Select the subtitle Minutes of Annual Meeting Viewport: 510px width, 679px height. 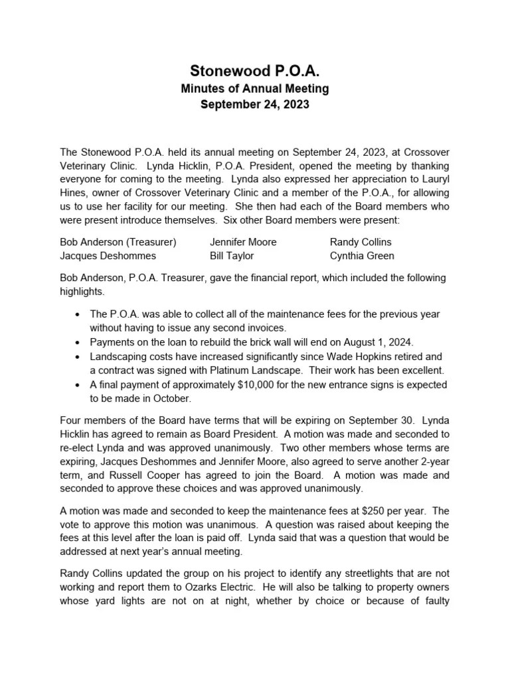click(256, 89)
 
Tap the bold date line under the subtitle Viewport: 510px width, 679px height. click(256, 105)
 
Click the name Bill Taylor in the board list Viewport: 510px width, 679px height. click(232, 255)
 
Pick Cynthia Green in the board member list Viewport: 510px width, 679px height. click(362, 255)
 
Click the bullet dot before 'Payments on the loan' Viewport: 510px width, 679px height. click(79, 343)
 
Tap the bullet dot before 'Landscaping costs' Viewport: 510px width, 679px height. click(79, 357)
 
